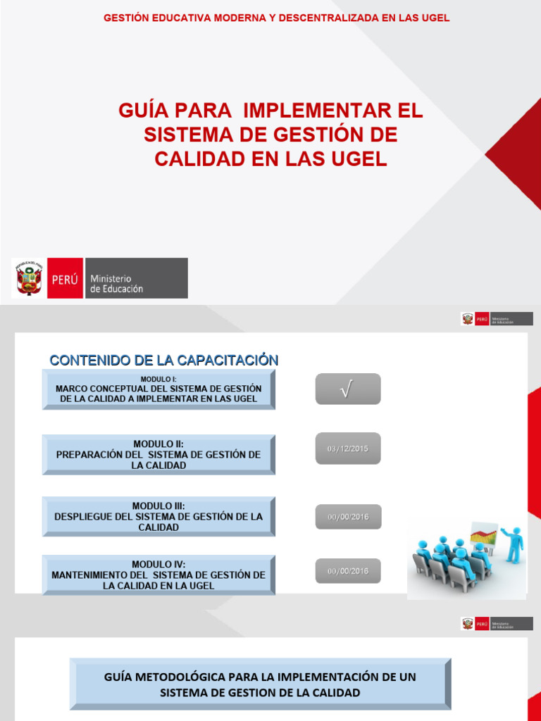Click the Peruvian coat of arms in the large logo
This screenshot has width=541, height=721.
tap(29, 278)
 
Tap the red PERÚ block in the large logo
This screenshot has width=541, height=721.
tap(65, 278)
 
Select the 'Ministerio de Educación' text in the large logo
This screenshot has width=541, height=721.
tap(116, 284)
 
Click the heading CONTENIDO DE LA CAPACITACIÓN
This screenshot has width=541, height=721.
tap(163, 360)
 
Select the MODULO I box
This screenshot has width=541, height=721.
tap(158, 389)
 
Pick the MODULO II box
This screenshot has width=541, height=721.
tap(158, 455)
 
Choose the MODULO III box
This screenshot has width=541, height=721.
tap(158, 516)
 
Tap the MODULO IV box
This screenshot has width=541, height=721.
tap(158, 575)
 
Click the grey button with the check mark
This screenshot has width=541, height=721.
tap(347, 389)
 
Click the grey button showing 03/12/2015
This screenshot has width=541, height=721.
tap(347, 449)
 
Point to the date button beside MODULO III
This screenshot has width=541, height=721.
tap(347, 518)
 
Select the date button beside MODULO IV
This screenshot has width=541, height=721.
tap(347, 571)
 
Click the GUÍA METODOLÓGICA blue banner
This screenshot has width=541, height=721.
tap(260, 684)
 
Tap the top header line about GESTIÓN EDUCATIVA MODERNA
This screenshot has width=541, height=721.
tap(276, 18)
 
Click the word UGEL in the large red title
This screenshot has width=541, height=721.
tap(358, 158)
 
